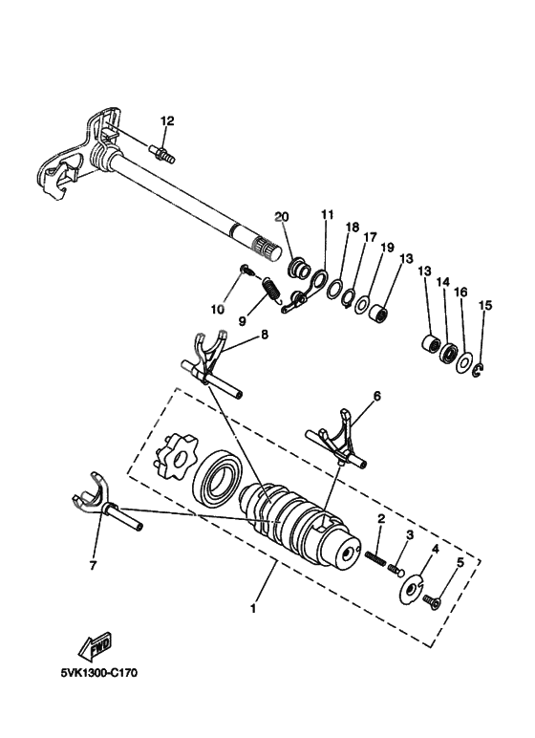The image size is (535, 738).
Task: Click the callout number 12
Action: [x=167, y=120]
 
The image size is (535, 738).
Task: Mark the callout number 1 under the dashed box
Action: [x=251, y=607]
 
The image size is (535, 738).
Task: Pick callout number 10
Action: [x=218, y=309]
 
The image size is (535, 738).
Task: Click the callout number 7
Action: [x=92, y=566]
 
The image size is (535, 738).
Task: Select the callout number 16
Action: [x=460, y=293]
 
